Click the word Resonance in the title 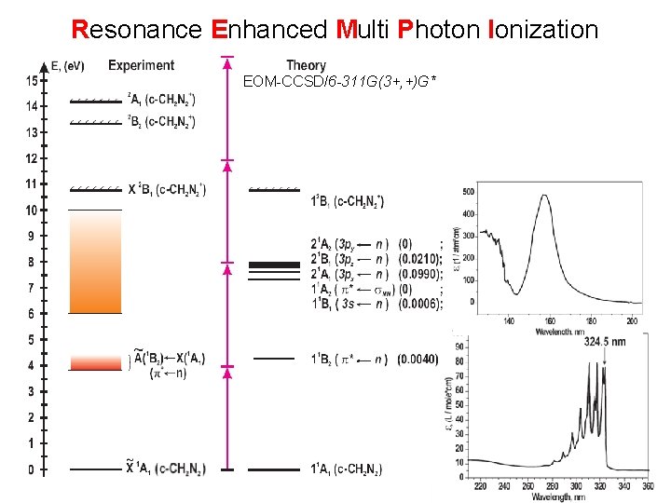pos(136,30)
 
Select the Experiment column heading pos(141,65)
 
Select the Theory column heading pos(306,65)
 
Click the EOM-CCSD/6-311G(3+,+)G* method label pos(339,82)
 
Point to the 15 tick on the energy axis pos(31,81)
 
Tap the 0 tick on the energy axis pos(31,469)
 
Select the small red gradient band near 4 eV pos(95,361)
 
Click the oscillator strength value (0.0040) pos(418,360)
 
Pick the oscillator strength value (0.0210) pos(418,259)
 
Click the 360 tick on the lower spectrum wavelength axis pos(647,485)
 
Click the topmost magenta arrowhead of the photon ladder pos(226,62)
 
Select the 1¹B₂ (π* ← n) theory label pos(350,360)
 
